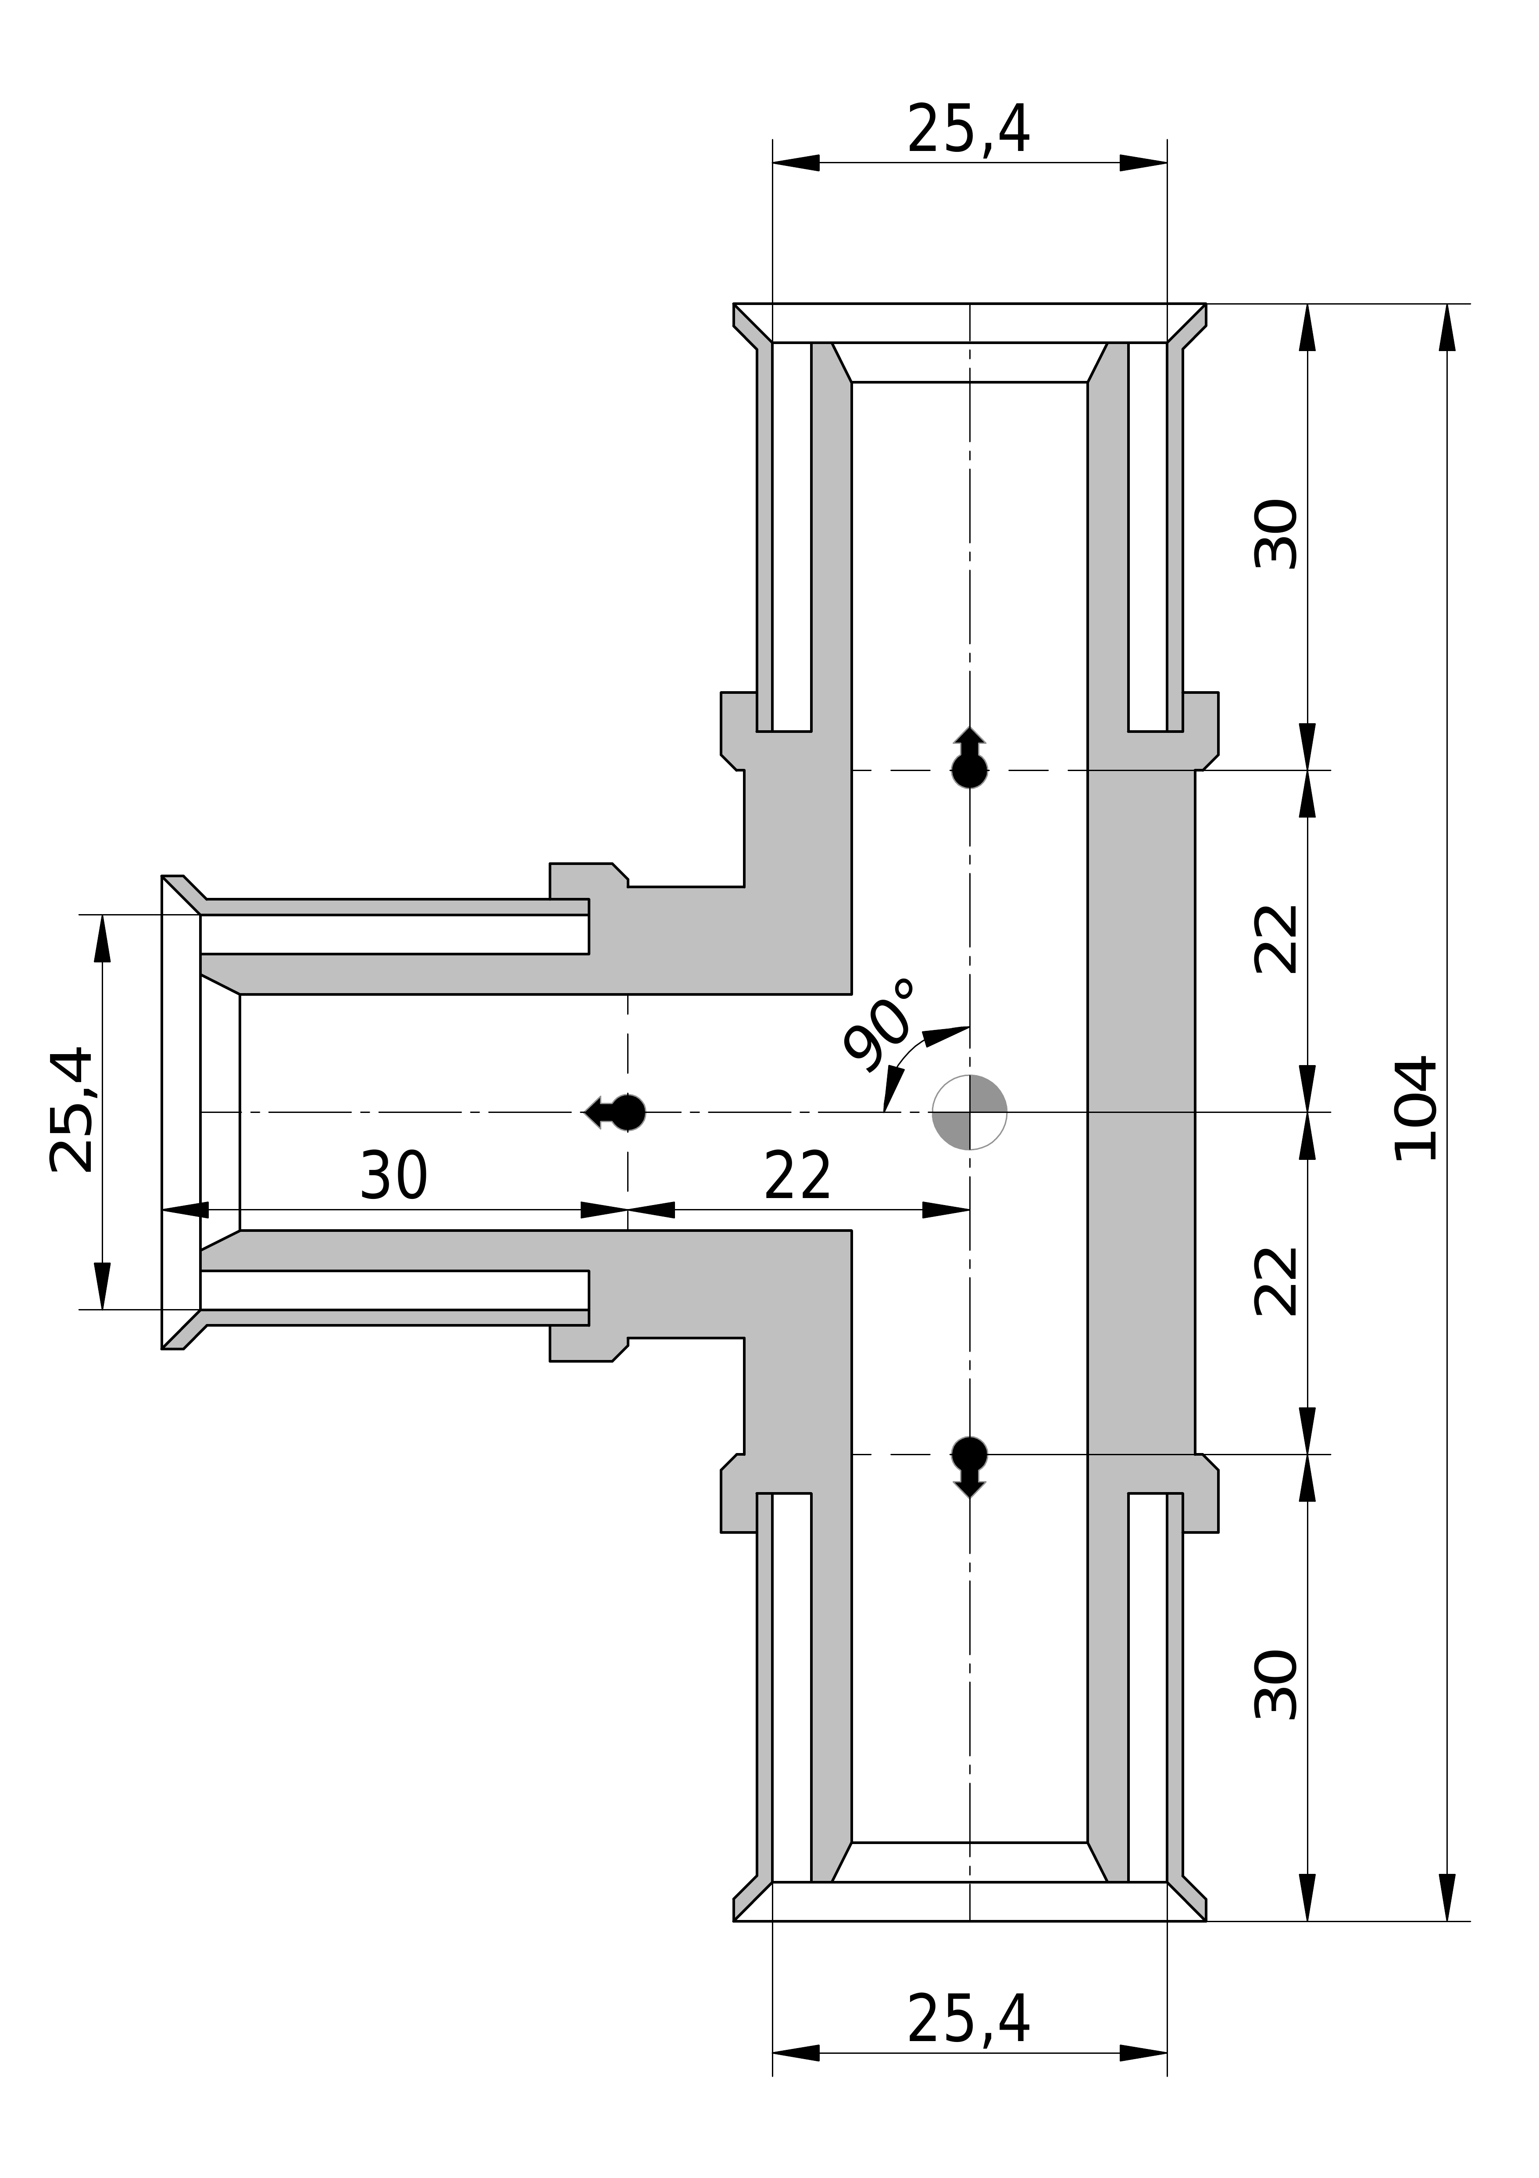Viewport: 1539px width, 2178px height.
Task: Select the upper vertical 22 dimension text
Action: point(1275,939)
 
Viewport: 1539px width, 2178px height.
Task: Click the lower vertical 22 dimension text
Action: point(1275,1281)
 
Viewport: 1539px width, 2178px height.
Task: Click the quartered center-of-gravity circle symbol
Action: point(969,1112)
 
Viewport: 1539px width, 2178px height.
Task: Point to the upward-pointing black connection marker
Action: point(969,759)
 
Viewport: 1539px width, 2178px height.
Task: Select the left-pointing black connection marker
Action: point(616,1112)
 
